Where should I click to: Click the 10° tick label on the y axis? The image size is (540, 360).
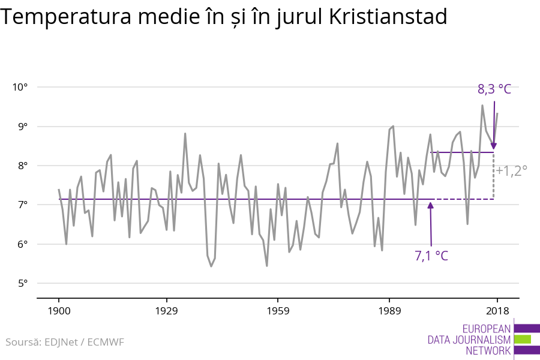click(20, 87)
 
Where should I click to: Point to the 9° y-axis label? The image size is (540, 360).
click(23, 127)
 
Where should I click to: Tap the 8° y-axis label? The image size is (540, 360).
click(23, 166)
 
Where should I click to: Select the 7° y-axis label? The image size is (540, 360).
click(23, 205)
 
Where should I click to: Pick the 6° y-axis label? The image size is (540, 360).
click(23, 244)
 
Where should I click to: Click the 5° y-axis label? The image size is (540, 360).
click(23, 283)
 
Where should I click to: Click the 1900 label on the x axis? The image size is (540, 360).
click(59, 311)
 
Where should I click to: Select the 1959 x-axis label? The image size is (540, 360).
click(278, 311)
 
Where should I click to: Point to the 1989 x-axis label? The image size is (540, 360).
click(389, 311)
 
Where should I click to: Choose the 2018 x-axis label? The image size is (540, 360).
click(497, 311)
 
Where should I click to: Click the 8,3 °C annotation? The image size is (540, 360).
click(494, 89)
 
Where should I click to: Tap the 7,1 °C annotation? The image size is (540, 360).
click(431, 256)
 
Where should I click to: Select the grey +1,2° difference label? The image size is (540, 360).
click(511, 170)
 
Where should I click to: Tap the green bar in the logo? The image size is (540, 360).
click(523, 339)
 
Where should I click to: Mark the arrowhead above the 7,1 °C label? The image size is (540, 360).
click(430, 206)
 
